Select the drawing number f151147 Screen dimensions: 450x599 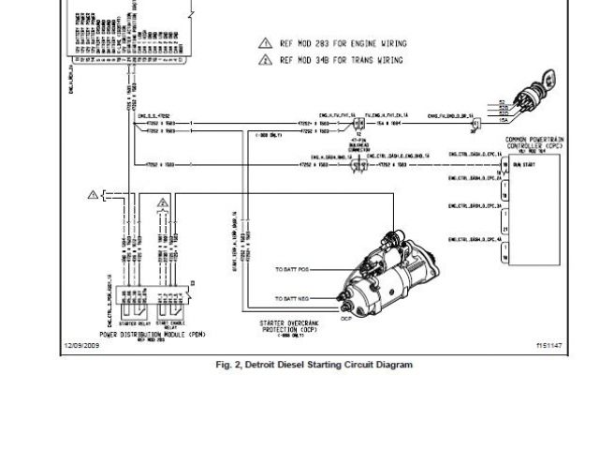coord(548,345)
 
